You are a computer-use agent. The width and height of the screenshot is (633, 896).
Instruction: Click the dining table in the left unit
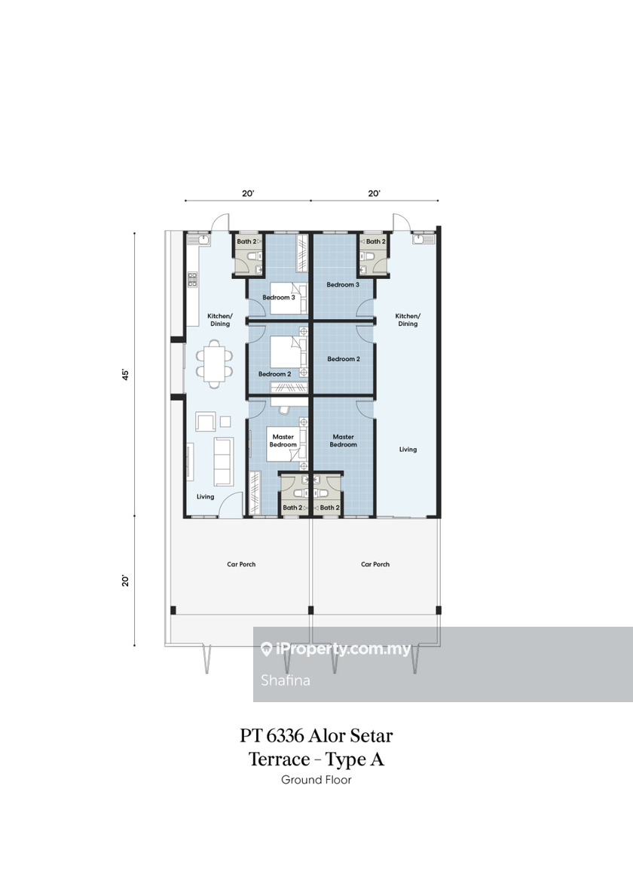tap(215, 364)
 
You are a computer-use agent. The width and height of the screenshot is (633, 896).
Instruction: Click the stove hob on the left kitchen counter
tap(192, 279)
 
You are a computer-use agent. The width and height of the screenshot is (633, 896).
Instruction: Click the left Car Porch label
tap(241, 564)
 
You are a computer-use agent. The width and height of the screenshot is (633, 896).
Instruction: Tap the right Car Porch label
tap(375, 564)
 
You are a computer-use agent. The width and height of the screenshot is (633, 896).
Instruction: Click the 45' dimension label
tap(126, 374)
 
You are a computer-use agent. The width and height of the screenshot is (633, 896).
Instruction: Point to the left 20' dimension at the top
tap(248, 194)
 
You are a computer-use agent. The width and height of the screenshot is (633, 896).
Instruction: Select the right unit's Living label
tap(408, 450)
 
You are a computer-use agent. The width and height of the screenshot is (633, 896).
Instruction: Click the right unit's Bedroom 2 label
tap(344, 359)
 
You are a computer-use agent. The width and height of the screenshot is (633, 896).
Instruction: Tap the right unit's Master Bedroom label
tap(343, 440)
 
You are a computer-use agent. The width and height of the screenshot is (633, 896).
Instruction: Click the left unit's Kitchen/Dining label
tap(220, 320)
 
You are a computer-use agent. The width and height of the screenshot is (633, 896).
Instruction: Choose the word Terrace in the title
tap(279, 759)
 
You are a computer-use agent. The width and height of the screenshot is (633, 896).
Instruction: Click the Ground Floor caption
tap(316, 779)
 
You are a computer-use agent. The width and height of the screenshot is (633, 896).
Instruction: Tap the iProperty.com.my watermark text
tap(342, 649)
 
